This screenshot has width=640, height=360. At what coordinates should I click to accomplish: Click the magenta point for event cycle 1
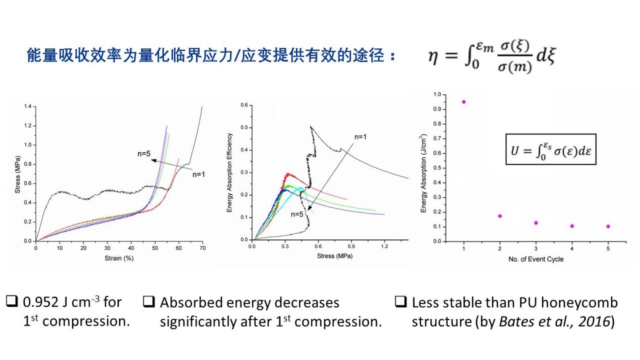(464, 101)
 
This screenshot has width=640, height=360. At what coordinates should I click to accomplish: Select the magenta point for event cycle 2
(500, 216)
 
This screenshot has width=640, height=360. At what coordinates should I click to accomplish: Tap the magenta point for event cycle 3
(535, 223)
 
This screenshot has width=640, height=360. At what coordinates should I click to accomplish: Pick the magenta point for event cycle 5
(608, 226)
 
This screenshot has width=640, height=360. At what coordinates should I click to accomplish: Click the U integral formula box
(551, 149)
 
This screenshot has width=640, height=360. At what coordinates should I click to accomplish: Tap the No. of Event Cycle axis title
(535, 259)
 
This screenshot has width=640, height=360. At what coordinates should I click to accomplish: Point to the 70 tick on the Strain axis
(202, 248)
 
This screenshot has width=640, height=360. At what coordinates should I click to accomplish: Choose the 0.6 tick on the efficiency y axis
(244, 105)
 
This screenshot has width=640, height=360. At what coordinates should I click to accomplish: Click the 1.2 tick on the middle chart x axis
(384, 246)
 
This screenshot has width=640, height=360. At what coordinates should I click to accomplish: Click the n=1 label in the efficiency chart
(361, 136)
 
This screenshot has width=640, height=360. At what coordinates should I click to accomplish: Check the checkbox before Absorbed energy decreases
(149, 302)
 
